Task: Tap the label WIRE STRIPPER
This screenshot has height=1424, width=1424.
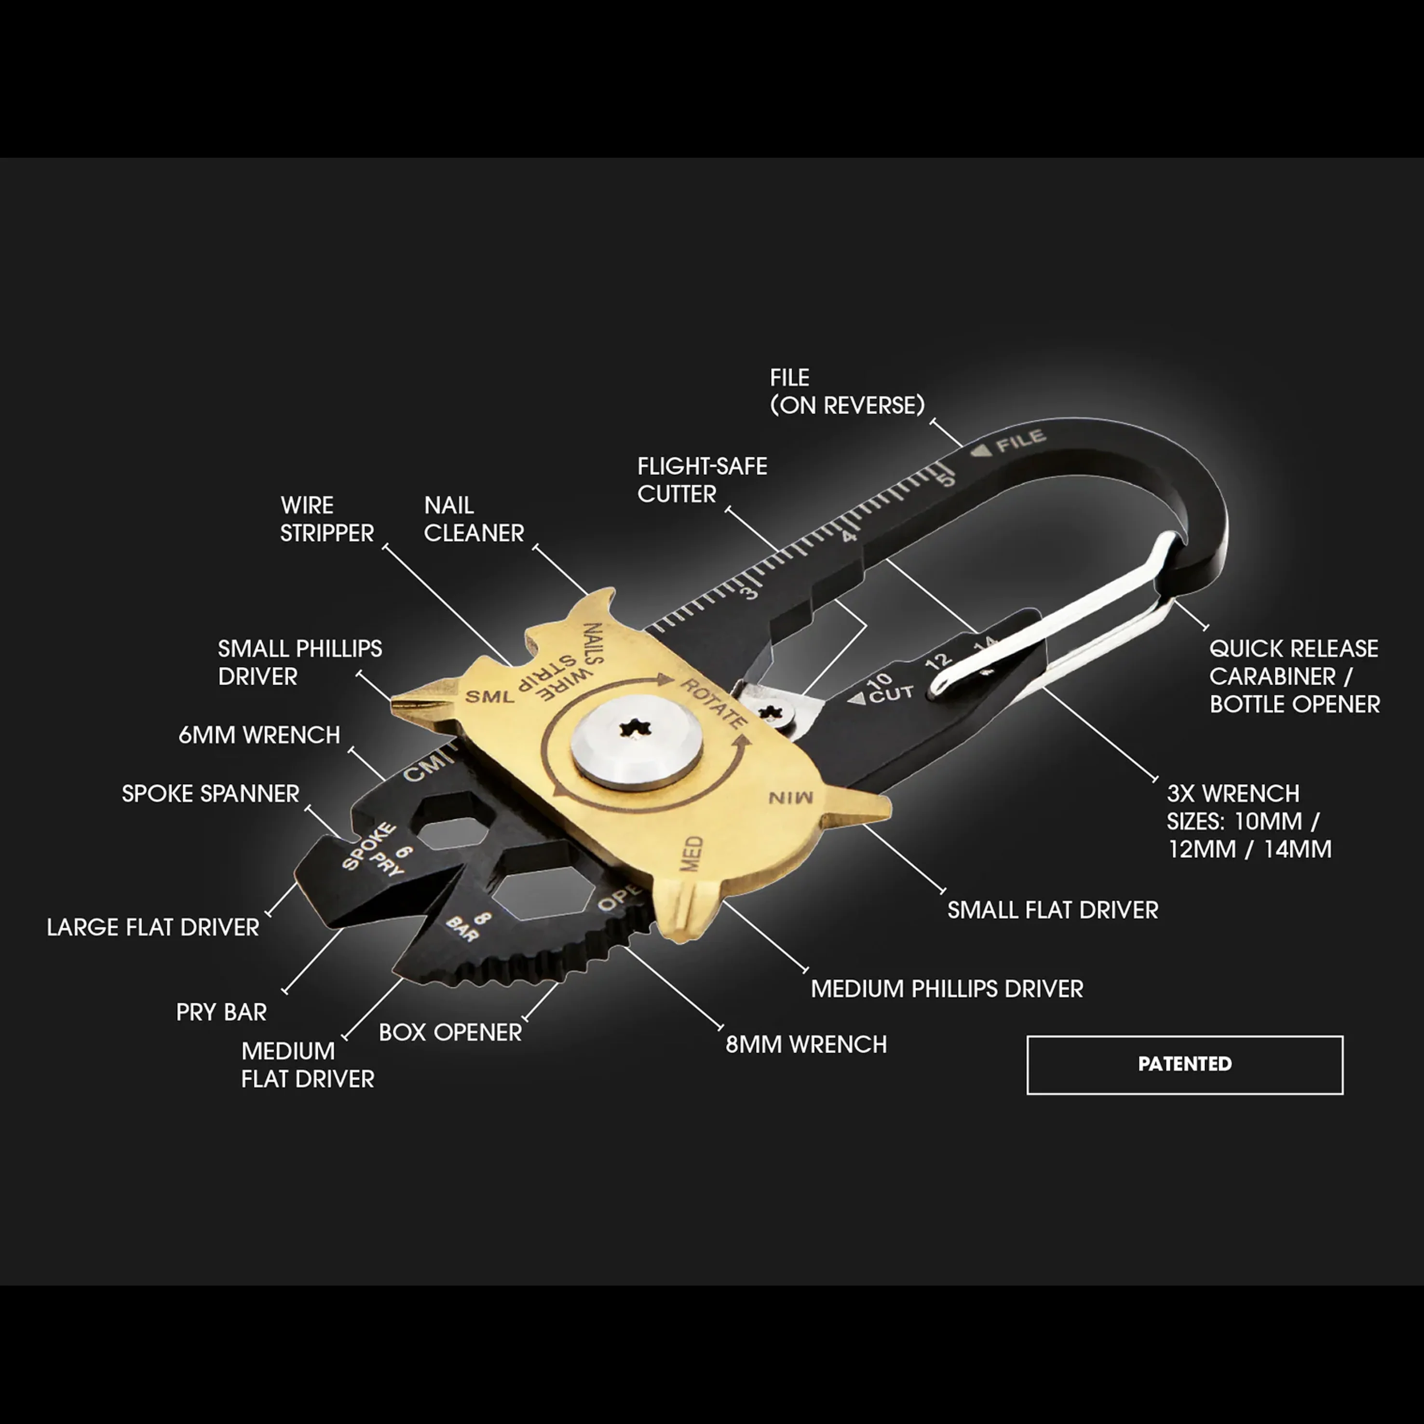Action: (326, 519)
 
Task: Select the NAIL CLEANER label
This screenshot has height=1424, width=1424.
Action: (473, 519)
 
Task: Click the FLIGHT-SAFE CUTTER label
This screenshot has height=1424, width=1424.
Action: (702, 480)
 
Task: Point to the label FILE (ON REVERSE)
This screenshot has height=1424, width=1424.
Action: (847, 392)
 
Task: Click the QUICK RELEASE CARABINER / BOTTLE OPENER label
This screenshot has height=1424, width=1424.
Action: (1294, 677)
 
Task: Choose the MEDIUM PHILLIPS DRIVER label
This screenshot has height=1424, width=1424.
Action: (947, 989)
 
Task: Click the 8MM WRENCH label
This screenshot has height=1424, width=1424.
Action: (806, 1044)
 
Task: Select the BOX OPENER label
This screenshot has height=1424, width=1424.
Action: (450, 1032)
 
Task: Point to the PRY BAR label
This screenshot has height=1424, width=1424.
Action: (221, 1012)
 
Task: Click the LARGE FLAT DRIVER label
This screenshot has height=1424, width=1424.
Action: (152, 927)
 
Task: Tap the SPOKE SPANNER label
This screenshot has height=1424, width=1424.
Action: (210, 794)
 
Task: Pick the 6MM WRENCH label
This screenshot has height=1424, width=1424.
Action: (259, 735)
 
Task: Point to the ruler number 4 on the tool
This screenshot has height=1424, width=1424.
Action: (850, 536)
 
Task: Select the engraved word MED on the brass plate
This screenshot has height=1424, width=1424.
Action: (691, 854)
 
